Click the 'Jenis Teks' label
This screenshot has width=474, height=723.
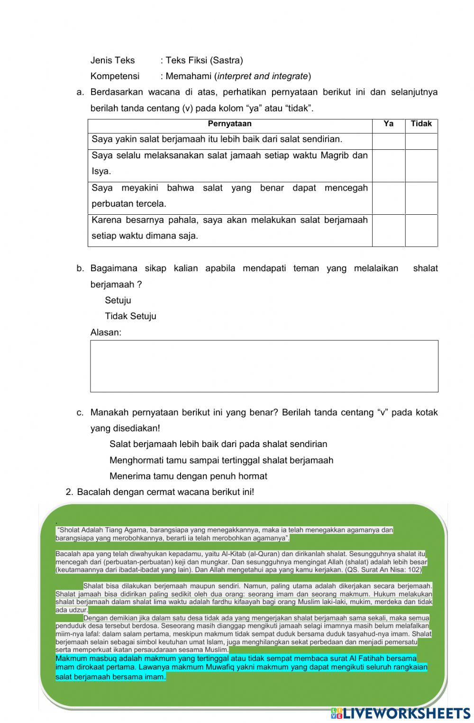112,60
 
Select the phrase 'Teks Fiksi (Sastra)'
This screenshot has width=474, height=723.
204,60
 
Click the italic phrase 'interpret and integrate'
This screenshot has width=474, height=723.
263,76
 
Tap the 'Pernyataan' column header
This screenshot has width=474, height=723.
229,124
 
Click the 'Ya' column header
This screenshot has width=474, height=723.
388,124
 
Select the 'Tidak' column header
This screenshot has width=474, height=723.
421,124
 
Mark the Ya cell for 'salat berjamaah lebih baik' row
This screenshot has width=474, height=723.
388,141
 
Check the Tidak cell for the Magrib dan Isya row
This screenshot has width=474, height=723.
421,165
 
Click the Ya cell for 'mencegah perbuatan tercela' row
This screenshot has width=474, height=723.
388,198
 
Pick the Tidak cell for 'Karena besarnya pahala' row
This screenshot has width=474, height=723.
421,230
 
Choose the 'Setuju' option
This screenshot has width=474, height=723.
118,300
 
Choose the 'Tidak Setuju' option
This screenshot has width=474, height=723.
130,316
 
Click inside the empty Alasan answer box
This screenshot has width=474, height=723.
264,366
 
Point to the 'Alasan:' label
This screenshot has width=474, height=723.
106,332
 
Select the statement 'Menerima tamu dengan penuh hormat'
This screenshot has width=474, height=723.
188,476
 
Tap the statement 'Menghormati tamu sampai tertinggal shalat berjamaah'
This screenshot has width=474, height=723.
221,460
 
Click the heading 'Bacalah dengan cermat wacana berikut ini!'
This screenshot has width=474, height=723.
165,492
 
